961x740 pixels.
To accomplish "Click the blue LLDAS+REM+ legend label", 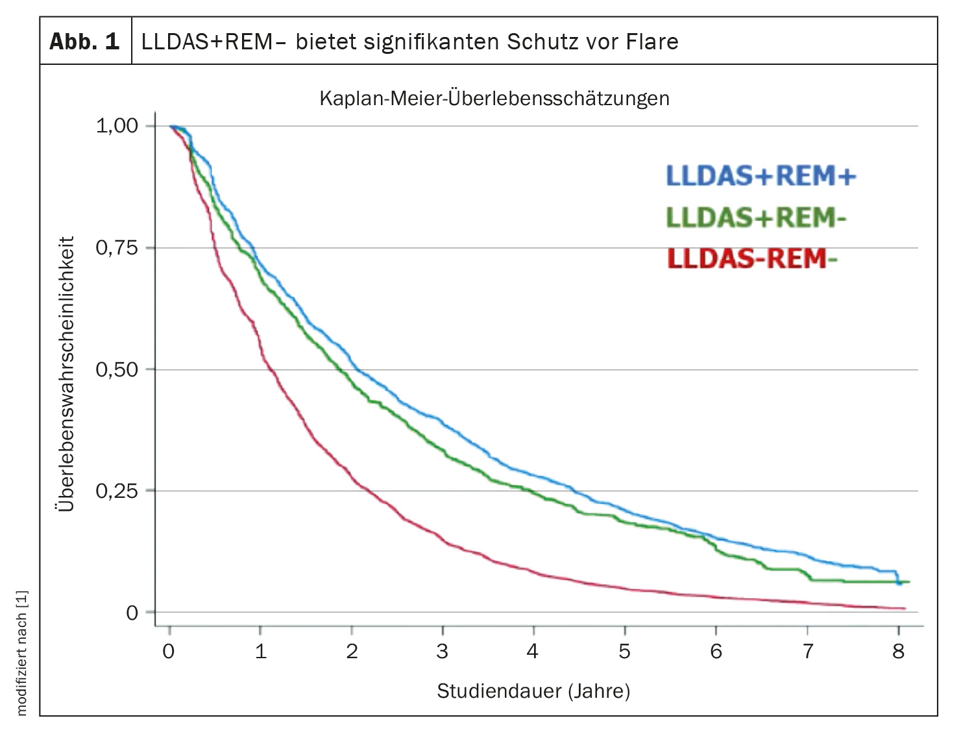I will point(761,176).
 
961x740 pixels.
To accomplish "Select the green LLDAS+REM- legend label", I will point(756,218).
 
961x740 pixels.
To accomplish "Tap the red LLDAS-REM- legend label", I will point(752,259).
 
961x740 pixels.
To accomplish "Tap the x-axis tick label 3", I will point(443,651).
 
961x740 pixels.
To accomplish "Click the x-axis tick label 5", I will point(624,651).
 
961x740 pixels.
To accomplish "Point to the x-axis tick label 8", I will point(898,651).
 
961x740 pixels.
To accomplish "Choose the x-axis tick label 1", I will point(261,651).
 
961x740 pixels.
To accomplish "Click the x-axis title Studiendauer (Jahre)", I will point(533,691).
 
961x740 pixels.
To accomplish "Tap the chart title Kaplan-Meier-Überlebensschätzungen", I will point(494,99).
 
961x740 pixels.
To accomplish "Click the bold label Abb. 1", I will point(85,42).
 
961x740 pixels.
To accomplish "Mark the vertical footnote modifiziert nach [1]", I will point(22,653).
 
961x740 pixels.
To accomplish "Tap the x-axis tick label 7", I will point(807,651).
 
